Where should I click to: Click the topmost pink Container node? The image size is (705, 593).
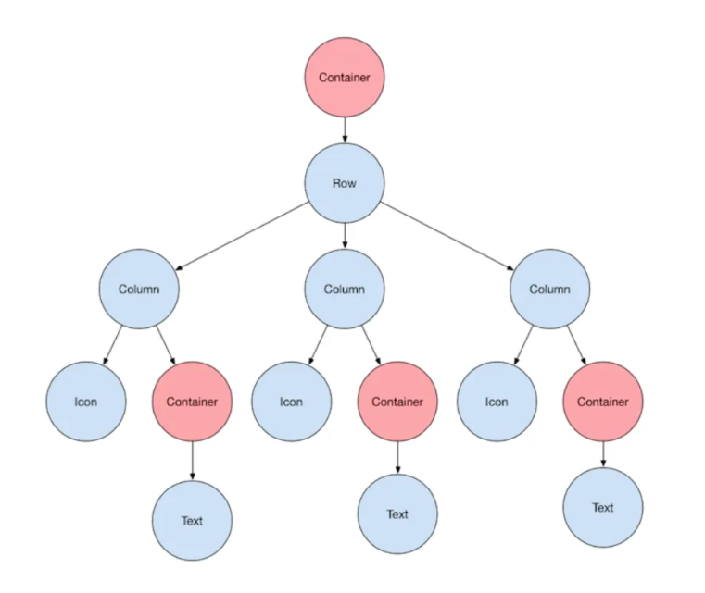pos(345,78)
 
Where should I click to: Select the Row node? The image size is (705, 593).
pos(345,183)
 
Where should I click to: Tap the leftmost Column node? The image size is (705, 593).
pos(139,289)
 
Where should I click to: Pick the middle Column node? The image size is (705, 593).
pos(345,289)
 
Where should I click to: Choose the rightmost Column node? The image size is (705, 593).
pos(549,289)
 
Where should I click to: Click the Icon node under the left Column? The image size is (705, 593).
pos(86,402)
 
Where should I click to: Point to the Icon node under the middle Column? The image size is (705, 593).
pos(291,402)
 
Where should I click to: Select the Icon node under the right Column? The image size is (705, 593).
pos(497,402)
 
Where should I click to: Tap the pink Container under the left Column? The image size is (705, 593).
pos(192,402)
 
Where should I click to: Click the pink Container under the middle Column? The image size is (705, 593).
pos(397,402)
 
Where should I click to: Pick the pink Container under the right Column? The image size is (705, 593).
pos(603,402)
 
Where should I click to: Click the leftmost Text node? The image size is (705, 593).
pos(192,521)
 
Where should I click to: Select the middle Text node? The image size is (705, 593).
pos(397,514)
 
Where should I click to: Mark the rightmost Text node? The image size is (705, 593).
pos(603,507)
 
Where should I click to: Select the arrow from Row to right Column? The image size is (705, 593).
pos(448,237)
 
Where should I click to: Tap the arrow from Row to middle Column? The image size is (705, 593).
pos(345,236)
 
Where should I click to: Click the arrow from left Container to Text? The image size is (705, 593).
pos(192,461)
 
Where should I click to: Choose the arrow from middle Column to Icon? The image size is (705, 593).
pos(319,343)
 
